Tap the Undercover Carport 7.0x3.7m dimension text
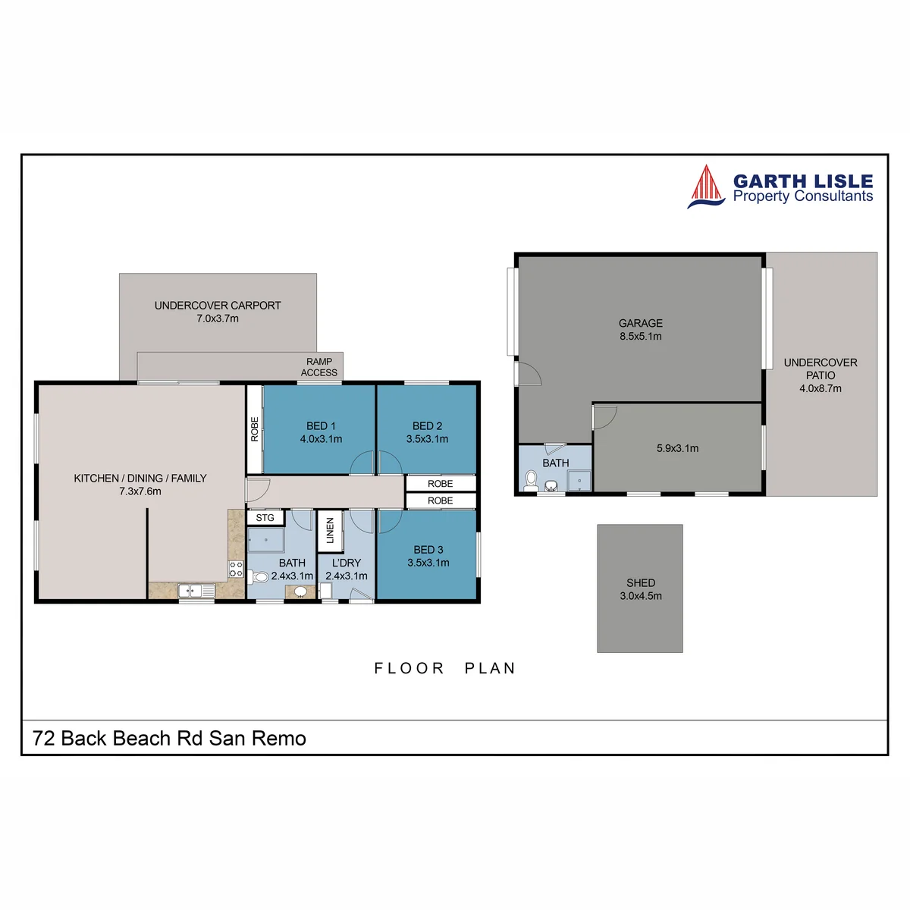click(x=218, y=318)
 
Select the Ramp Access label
click(x=318, y=367)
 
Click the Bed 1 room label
click(x=321, y=426)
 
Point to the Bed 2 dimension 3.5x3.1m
click(x=428, y=439)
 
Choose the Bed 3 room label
click(x=428, y=550)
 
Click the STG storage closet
click(x=265, y=518)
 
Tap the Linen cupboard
click(x=330, y=531)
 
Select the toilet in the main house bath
click(x=259, y=576)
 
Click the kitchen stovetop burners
click(x=236, y=569)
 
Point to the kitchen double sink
click(x=196, y=590)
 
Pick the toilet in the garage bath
click(x=532, y=480)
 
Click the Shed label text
click(x=641, y=582)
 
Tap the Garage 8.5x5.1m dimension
click(x=641, y=337)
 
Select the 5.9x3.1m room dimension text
click(x=678, y=449)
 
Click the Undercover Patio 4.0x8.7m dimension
click(x=821, y=389)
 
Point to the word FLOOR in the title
click(x=409, y=668)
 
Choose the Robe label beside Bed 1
click(x=255, y=428)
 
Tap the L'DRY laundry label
click(x=347, y=563)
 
